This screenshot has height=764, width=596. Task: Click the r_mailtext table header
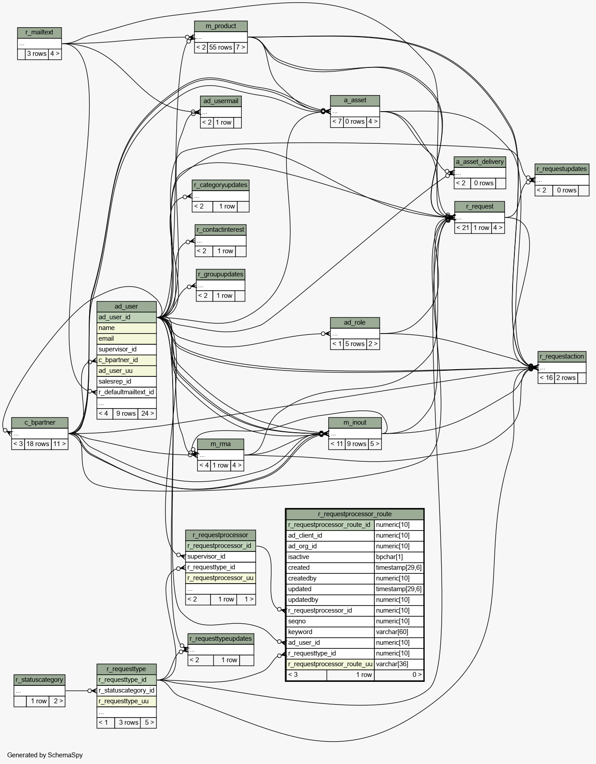39,33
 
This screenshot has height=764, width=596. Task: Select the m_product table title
221,26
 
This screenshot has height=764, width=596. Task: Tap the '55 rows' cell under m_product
221,48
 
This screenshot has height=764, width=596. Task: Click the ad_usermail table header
221,101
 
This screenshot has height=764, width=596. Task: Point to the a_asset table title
355,100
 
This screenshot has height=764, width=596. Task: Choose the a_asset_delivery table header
480,162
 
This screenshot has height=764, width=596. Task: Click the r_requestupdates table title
562,169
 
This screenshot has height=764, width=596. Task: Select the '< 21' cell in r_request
463,228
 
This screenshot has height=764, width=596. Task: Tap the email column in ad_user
127,339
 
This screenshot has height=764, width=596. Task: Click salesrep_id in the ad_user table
127,382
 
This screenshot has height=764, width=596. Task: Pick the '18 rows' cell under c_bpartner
38,444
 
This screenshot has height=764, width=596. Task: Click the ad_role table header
355,323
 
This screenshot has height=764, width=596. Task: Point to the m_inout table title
355,423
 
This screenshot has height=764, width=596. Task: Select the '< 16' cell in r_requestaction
546,378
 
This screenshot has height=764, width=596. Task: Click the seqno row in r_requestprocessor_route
330,622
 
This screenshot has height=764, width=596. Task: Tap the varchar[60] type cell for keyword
399,632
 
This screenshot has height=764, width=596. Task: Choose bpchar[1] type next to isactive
399,557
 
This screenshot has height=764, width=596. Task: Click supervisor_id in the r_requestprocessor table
221,557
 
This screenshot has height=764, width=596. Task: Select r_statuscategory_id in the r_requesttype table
127,691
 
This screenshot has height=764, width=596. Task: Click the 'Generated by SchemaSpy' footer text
45,755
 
